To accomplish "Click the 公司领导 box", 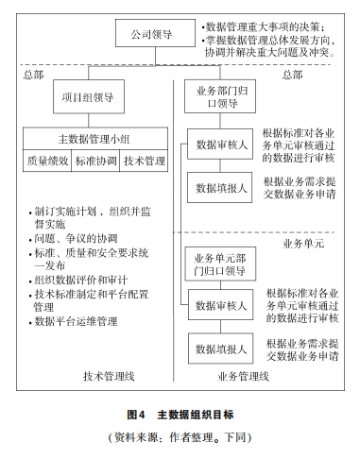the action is point(152,36).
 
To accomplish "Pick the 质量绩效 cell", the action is point(47,161).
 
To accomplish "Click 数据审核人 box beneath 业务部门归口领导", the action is point(221,144).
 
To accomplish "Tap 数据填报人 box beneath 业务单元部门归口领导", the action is point(220,348).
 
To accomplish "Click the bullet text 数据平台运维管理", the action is point(76,322).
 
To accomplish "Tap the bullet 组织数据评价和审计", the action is point(79,280).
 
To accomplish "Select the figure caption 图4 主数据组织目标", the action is point(179,414).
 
